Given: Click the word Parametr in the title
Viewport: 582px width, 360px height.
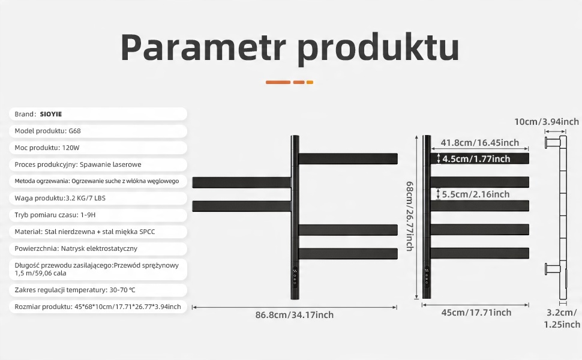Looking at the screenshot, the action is point(203,47).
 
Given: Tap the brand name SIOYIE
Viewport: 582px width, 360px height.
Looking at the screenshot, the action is point(51,115).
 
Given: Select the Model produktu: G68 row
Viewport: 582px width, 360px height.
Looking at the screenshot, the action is point(47,131).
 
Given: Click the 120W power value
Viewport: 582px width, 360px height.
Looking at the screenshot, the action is point(71,148).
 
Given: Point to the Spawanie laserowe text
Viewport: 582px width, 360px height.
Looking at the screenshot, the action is point(110,164).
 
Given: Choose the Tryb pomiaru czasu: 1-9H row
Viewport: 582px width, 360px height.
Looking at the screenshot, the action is point(55,215).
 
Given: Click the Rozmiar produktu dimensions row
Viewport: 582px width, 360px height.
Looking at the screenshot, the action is point(98,307).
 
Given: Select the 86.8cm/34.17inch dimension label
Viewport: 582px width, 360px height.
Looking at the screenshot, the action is point(295,315).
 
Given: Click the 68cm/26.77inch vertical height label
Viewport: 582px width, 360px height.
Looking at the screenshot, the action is point(409,216).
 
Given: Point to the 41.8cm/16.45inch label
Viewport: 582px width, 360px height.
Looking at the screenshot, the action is point(479,143).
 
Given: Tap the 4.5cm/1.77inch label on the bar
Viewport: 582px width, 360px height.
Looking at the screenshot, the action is point(476,159).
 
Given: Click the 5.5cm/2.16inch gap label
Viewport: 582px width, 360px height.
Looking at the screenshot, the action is point(475,194).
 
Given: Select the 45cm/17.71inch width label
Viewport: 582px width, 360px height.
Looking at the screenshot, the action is point(476,313).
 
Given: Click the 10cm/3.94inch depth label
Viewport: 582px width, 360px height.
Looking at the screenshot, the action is point(547,122).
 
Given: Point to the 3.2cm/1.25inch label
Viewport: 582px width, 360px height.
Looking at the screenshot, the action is point(562,319).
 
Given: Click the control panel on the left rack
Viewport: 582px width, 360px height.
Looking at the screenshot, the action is point(295,277).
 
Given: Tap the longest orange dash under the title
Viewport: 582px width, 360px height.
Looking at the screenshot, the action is point(278,82).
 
